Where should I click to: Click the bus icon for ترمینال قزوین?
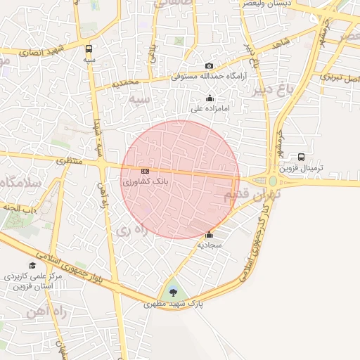[301, 157]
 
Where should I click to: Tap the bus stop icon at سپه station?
[89, 49]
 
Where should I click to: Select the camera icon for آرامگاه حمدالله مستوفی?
[209, 66]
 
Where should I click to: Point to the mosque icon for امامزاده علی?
[209, 98]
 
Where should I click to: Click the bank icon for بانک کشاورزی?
[145, 171]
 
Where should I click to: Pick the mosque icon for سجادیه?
[209, 235]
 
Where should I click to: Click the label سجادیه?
[210, 245]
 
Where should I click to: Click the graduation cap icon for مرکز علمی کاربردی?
[32, 265]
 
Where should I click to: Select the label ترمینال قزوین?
[301, 169]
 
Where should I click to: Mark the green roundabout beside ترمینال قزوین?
[273, 181]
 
